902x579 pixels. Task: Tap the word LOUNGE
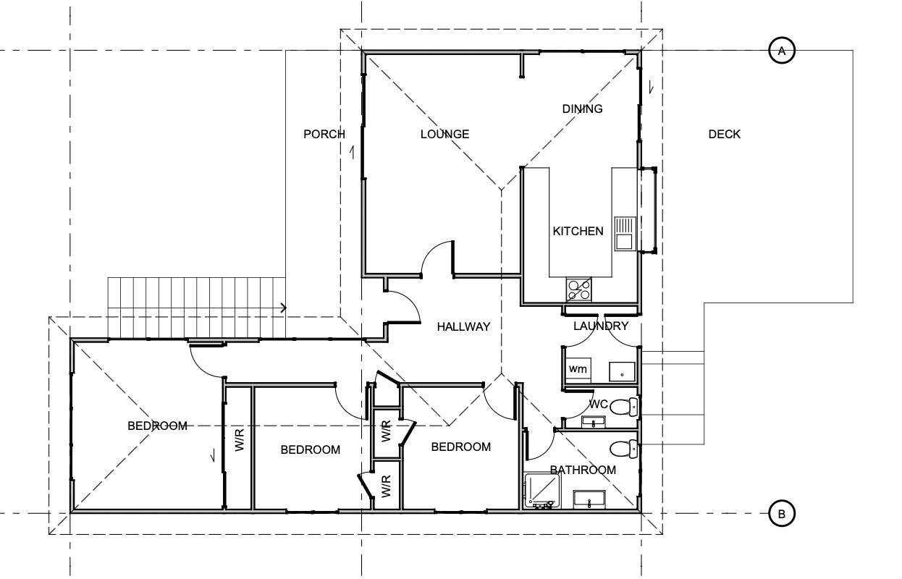tap(444, 134)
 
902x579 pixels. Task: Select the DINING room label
tap(582, 109)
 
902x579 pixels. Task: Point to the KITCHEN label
tap(578, 231)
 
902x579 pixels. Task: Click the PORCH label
tap(324, 134)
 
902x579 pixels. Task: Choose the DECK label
tap(725, 134)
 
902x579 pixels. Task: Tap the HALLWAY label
tap(463, 326)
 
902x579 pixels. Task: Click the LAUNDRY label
tap(601, 326)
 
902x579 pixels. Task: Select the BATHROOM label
tap(583, 470)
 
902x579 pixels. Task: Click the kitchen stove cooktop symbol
tap(579, 289)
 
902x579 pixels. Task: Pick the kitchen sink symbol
tap(625, 234)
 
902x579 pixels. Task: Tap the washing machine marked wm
tap(578, 369)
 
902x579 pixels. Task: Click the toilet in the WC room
tap(624, 407)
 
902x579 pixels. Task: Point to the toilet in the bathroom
tap(624, 449)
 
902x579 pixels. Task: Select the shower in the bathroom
tap(542, 490)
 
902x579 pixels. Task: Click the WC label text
tap(598, 405)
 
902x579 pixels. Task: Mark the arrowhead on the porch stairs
tap(284, 308)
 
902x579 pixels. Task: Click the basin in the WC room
tap(593, 422)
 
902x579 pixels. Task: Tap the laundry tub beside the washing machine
tap(622, 371)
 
